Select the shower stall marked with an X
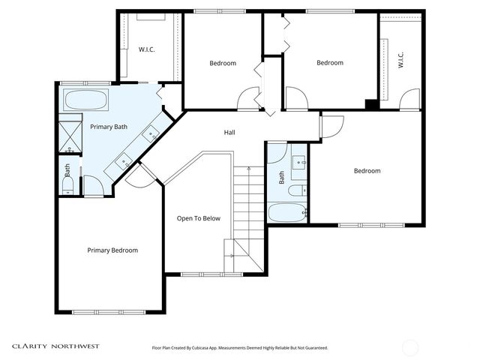point(69,137)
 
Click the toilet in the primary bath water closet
point(67,183)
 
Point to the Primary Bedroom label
point(112,250)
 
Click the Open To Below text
point(198,219)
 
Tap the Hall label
point(229,133)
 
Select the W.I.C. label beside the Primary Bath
point(147,49)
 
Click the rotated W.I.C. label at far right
point(400,60)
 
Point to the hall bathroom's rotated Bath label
point(282,178)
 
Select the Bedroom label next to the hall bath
point(367,171)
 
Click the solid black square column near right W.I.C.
point(370,104)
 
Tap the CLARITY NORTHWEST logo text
point(55,346)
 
